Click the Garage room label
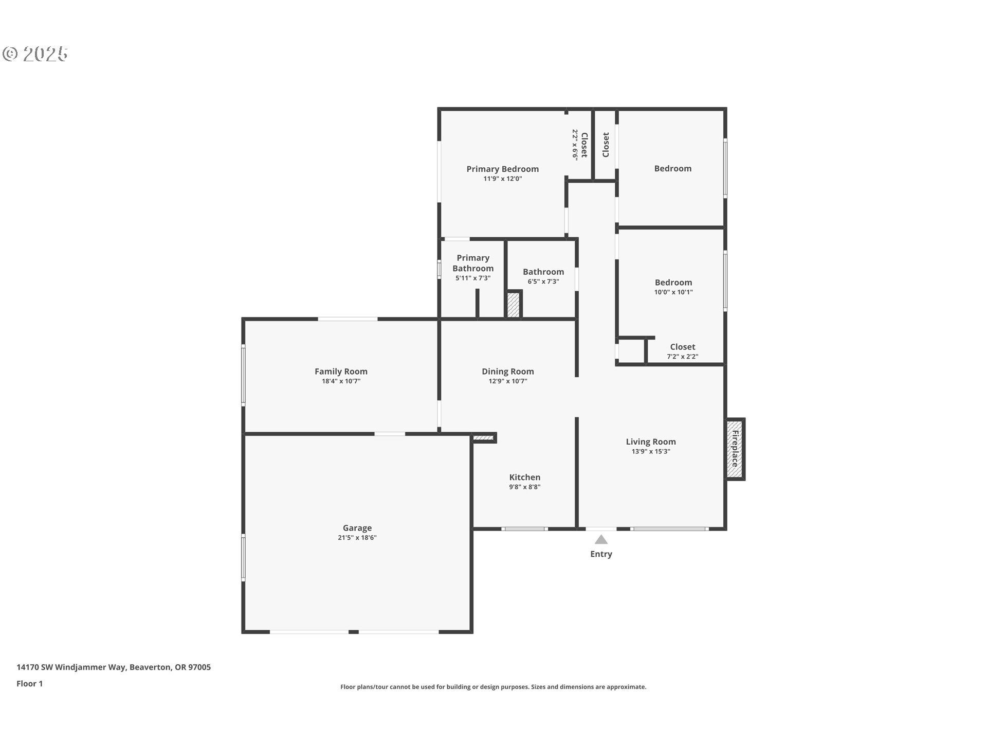[x=357, y=527]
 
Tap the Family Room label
[x=341, y=372]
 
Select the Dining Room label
[x=508, y=372]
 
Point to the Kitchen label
[x=525, y=477]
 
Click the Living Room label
[x=651, y=442]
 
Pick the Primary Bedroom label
[x=503, y=169]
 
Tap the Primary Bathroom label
[x=473, y=263]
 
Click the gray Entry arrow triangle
[x=601, y=539]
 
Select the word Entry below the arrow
[x=601, y=554]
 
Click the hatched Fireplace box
[x=735, y=449]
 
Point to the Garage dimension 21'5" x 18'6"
[x=357, y=538]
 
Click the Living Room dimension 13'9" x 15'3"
[x=651, y=452]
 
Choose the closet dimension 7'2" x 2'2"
[x=683, y=357]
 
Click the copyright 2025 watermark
[x=35, y=54]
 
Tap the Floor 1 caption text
[x=30, y=683]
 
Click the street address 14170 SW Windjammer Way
[x=71, y=667]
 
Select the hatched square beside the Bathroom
[x=514, y=305]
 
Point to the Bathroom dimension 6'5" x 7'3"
[x=543, y=281]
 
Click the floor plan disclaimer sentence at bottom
[x=493, y=687]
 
